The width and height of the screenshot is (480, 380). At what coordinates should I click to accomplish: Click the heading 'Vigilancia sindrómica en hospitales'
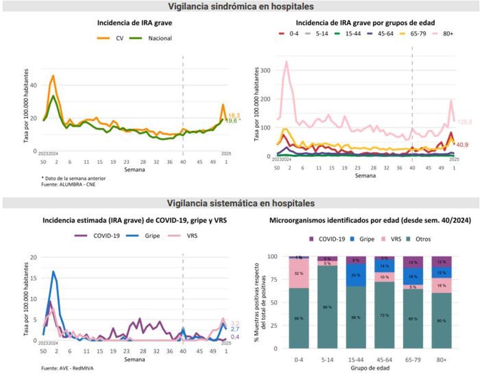click(x=240, y=7)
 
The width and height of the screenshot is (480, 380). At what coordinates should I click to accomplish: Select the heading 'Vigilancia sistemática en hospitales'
click(x=240, y=203)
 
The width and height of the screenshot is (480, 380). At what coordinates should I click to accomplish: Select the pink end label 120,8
click(x=464, y=122)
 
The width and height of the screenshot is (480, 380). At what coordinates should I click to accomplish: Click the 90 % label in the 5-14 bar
click(x=327, y=307)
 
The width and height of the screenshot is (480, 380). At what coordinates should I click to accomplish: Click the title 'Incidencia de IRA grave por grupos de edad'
click(x=366, y=23)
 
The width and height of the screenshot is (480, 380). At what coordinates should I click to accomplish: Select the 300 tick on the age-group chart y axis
click(x=265, y=70)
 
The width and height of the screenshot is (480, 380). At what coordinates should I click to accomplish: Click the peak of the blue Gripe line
click(x=53, y=272)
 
